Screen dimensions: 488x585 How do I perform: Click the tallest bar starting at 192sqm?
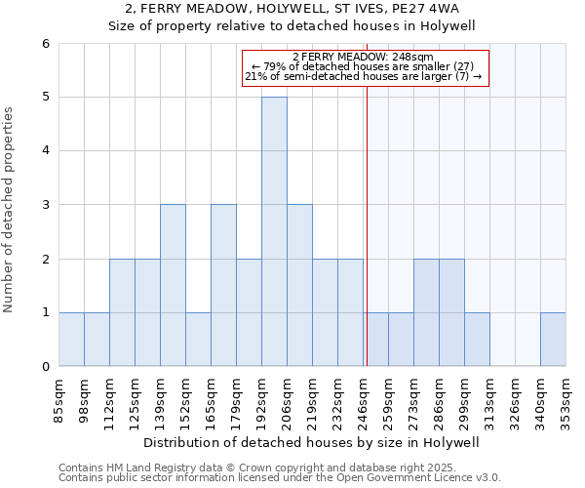click(x=274, y=231)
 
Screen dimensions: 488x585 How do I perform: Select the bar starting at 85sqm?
click(x=71, y=339)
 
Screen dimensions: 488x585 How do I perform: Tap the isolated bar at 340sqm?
click(x=553, y=339)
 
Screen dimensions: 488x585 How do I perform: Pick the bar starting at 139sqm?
click(x=173, y=285)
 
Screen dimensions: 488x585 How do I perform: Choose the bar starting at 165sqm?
click(x=223, y=285)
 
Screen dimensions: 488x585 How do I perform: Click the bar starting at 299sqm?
click(x=477, y=339)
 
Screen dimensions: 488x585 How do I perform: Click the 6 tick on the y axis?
click(x=45, y=44)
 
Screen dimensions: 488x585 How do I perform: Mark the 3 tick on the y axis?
click(x=45, y=205)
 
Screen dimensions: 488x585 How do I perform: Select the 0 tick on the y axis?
click(x=45, y=366)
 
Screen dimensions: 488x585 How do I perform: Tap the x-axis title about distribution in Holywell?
click(x=312, y=442)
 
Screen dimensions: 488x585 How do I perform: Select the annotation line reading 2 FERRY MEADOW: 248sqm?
click(x=363, y=57)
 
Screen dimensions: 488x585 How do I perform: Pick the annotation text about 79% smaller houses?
click(x=363, y=66)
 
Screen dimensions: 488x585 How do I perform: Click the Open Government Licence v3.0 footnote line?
click(x=280, y=478)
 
